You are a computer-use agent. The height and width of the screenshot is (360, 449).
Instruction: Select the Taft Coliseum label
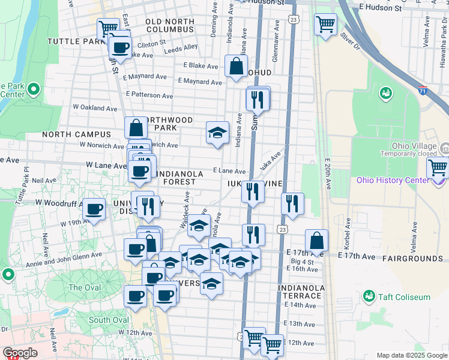click(x=397, y=296)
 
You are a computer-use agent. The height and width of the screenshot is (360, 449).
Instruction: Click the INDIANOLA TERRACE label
click(x=301, y=292)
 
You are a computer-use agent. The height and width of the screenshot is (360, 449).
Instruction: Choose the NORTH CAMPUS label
click(x=76, y=134)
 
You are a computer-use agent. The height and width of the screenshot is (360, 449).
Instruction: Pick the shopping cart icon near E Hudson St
click(x=325, y=25)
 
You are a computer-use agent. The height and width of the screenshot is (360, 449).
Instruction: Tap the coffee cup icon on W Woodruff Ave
click(x=94, y=209)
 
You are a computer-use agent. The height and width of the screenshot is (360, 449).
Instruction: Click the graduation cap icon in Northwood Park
click(x=217, y=133)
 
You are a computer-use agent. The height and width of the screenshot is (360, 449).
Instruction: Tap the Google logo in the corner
click(x=20, y=353)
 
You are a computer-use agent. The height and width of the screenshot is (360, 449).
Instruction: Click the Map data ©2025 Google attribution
click(x=411, y=355)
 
